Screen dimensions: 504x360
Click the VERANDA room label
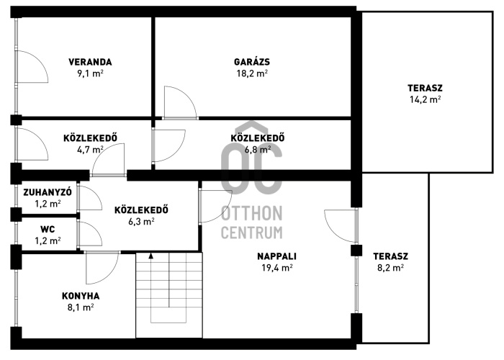(x=90, y=62)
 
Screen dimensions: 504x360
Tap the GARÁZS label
(x=252, y=62)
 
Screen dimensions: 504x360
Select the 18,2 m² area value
(x=252, y=73)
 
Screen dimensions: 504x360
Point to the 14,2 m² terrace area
(x=425, y=99)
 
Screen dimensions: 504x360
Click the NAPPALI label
(x=276, y=256)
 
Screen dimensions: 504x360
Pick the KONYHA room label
(x=81, y=296)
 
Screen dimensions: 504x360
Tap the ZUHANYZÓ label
(x=48, y=192)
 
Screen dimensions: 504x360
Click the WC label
(x=48, y=230)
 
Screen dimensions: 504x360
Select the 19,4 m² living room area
(x=276, y=268)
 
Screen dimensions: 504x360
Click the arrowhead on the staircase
(x=150, y=256)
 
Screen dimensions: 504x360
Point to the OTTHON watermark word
(x=252, y=214)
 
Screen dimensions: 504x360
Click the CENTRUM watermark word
(x=252, y=233)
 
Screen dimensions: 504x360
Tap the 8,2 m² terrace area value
(x=390, y=268)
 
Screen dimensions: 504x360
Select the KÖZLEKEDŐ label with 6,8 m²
(x=258, y=138)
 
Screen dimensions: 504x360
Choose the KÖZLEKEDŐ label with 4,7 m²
(x=90, y=138)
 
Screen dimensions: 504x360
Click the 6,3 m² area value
(x=141, y=222)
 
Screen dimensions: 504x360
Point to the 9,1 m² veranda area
(x=90, y=73)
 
